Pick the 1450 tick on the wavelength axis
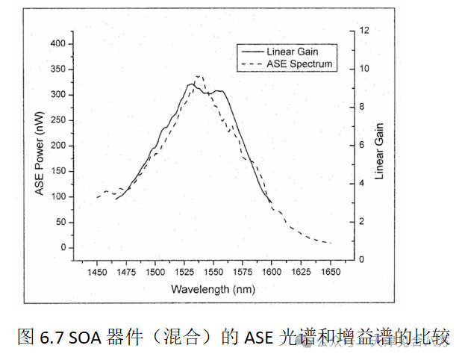tap(96, 273)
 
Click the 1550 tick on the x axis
tap(213, 273)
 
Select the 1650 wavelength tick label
tap(330, 273)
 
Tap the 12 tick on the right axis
tap(363, 31)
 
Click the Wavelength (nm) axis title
tap(213, 288)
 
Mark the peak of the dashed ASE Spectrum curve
tap(199, 76)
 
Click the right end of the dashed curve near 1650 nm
tap(330, 243)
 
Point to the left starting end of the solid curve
tap(115, 199)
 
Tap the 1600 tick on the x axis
tap(272, 273)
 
